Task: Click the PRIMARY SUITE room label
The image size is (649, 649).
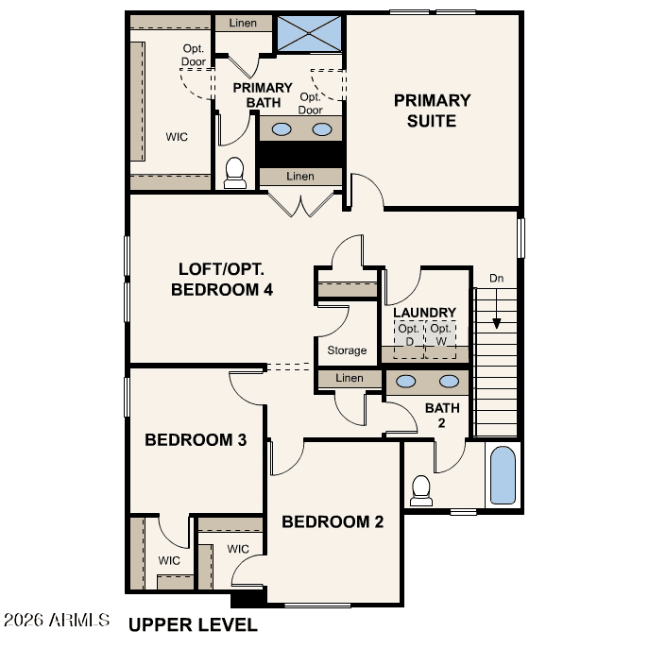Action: (x=432, y=111)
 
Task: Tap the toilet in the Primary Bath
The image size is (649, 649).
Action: (x=234, y=173)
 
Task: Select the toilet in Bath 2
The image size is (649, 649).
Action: (x=421, y=491)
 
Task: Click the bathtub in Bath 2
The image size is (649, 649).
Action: (x=503, y=475)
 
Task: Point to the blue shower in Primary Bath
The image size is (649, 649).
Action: (x=309, y=33)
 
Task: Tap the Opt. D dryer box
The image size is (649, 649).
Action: (x=409, y=339)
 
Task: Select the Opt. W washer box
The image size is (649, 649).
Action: (x=441, y=339)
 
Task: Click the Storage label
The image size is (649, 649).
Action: (x=347, y=350)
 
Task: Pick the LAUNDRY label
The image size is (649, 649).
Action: (x=425, y=313)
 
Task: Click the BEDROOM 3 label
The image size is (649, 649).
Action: (x=196, y=439)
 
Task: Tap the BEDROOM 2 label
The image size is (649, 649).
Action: (x=333, y=521)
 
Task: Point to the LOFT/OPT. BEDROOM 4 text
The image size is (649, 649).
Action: (x=222, y=280)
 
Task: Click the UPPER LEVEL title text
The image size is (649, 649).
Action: (x=193, y=625)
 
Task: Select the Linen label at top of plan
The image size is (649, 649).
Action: (x=243, y=23)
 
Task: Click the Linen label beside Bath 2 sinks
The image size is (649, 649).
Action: (x=350, y=378)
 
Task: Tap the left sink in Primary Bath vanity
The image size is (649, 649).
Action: (x=282, y=129)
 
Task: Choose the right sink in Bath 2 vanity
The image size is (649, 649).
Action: (x=449, y=382)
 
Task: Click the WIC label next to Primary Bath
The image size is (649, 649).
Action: (x=177, y=137)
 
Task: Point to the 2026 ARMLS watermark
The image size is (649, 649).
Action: (x=57, y=620)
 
